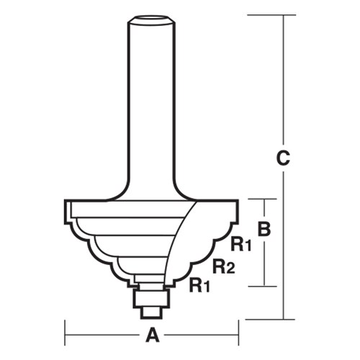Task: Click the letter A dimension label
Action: tap(151, 334)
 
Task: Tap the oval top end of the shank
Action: tap(151, 17)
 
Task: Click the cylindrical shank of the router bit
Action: tap(151, 101)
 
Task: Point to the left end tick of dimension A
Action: tap(66, 334)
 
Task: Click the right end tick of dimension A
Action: tap(238, 334)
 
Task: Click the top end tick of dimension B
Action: tap(264, 199)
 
